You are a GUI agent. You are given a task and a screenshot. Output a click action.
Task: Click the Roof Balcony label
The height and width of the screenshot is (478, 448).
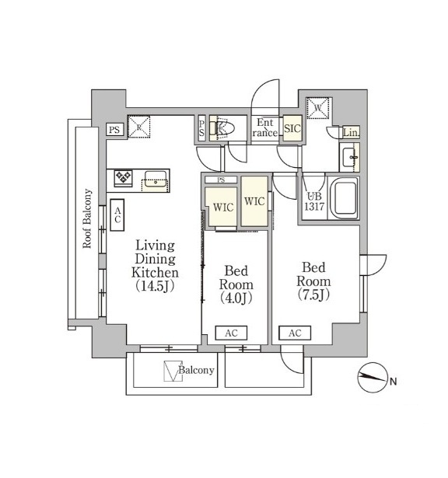pyautogui.click(x=87, y=218)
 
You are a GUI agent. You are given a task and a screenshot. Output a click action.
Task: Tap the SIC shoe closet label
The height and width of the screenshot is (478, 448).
pyautogui.click(x=292, y=129)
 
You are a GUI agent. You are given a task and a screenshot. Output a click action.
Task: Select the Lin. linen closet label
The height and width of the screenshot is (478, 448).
pyautogui.click(x=351, y=133)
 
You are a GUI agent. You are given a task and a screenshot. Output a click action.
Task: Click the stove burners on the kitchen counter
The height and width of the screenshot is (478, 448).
pyautogui.click(x=123, y=177)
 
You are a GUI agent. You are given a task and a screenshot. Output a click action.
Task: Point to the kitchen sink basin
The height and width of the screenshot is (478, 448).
pyautogui.click(x=156, y=179)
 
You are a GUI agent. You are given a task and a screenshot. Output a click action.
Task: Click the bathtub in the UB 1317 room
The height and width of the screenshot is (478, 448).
pyautogui.click(x=344, y=198)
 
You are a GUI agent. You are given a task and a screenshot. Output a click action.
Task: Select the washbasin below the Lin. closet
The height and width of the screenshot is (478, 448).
pyautogui.click(x=349, y=157)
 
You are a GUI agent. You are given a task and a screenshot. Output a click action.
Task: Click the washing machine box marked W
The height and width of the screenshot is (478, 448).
pyautogui.click(x=318, y=108)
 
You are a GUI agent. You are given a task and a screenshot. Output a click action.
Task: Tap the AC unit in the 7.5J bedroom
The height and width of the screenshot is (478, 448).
pyautogui.click(x=295, y=333)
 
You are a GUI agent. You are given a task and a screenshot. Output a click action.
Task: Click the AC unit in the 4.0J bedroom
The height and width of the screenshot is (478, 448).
pyautogui.click(x=231, y=333)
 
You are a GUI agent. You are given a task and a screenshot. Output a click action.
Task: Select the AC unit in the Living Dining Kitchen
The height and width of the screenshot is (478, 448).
pyautogui.click(x=117, y=215)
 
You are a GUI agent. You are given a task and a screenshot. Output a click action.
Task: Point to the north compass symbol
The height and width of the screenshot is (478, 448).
pyautogui.click(x=373, y=378)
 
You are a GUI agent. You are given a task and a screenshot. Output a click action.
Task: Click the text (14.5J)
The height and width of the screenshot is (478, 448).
pyautogui.click(x=155, y=286)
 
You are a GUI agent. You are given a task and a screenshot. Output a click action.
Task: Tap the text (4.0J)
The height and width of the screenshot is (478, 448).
pyautogui.click(x=236, y=298)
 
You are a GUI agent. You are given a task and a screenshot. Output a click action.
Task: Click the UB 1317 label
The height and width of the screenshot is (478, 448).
pyautogui.click(x=314, y=201)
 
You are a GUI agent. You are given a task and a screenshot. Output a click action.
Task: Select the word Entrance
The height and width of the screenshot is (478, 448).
pyautogui.click(x=264, y=127)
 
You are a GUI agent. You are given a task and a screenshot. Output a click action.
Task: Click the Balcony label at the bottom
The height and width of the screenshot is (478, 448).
pyautogui.click(x=196, y=370)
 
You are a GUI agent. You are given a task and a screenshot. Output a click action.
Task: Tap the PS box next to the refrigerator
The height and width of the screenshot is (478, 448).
pyautogui.click(x=114, y=130)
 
